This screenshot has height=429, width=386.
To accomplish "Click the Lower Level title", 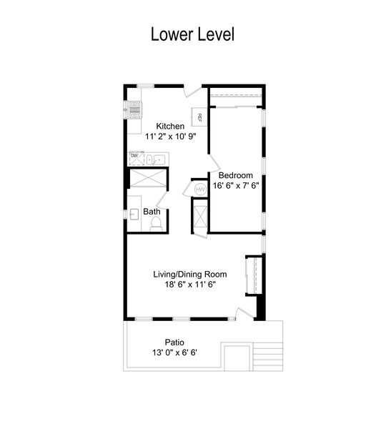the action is point(192,34).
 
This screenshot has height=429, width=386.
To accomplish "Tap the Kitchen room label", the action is point(170,126).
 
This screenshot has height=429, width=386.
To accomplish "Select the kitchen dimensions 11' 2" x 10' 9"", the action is point(171,137).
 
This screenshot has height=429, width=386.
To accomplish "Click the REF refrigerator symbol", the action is point(199,117).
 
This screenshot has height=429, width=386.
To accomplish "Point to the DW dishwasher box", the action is point(137,159).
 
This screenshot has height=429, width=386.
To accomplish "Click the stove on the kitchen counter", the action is point(135,109).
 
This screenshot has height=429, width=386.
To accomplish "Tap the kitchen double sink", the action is point(156,159).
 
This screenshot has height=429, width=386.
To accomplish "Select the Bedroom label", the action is point(236,175).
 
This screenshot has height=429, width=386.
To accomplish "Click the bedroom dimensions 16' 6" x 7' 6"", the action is point(236,185).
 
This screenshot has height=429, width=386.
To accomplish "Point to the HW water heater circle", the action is point(201,189).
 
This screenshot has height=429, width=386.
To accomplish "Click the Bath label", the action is point(152,212).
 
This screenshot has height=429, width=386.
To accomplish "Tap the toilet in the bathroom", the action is point(156,224).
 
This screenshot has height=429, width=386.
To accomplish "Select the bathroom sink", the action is point(134,214).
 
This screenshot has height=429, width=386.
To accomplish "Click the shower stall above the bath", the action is point(148,178).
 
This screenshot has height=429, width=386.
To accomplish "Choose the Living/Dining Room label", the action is point(190,274).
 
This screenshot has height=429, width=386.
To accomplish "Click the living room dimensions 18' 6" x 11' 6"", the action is point(190,285).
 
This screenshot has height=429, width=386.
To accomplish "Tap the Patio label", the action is point(174,342).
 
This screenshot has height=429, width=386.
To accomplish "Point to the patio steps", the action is point(267,355).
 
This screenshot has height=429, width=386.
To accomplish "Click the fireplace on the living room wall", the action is point(254,276).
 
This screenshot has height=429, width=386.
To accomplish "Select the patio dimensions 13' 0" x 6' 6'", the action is point(175,352).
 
